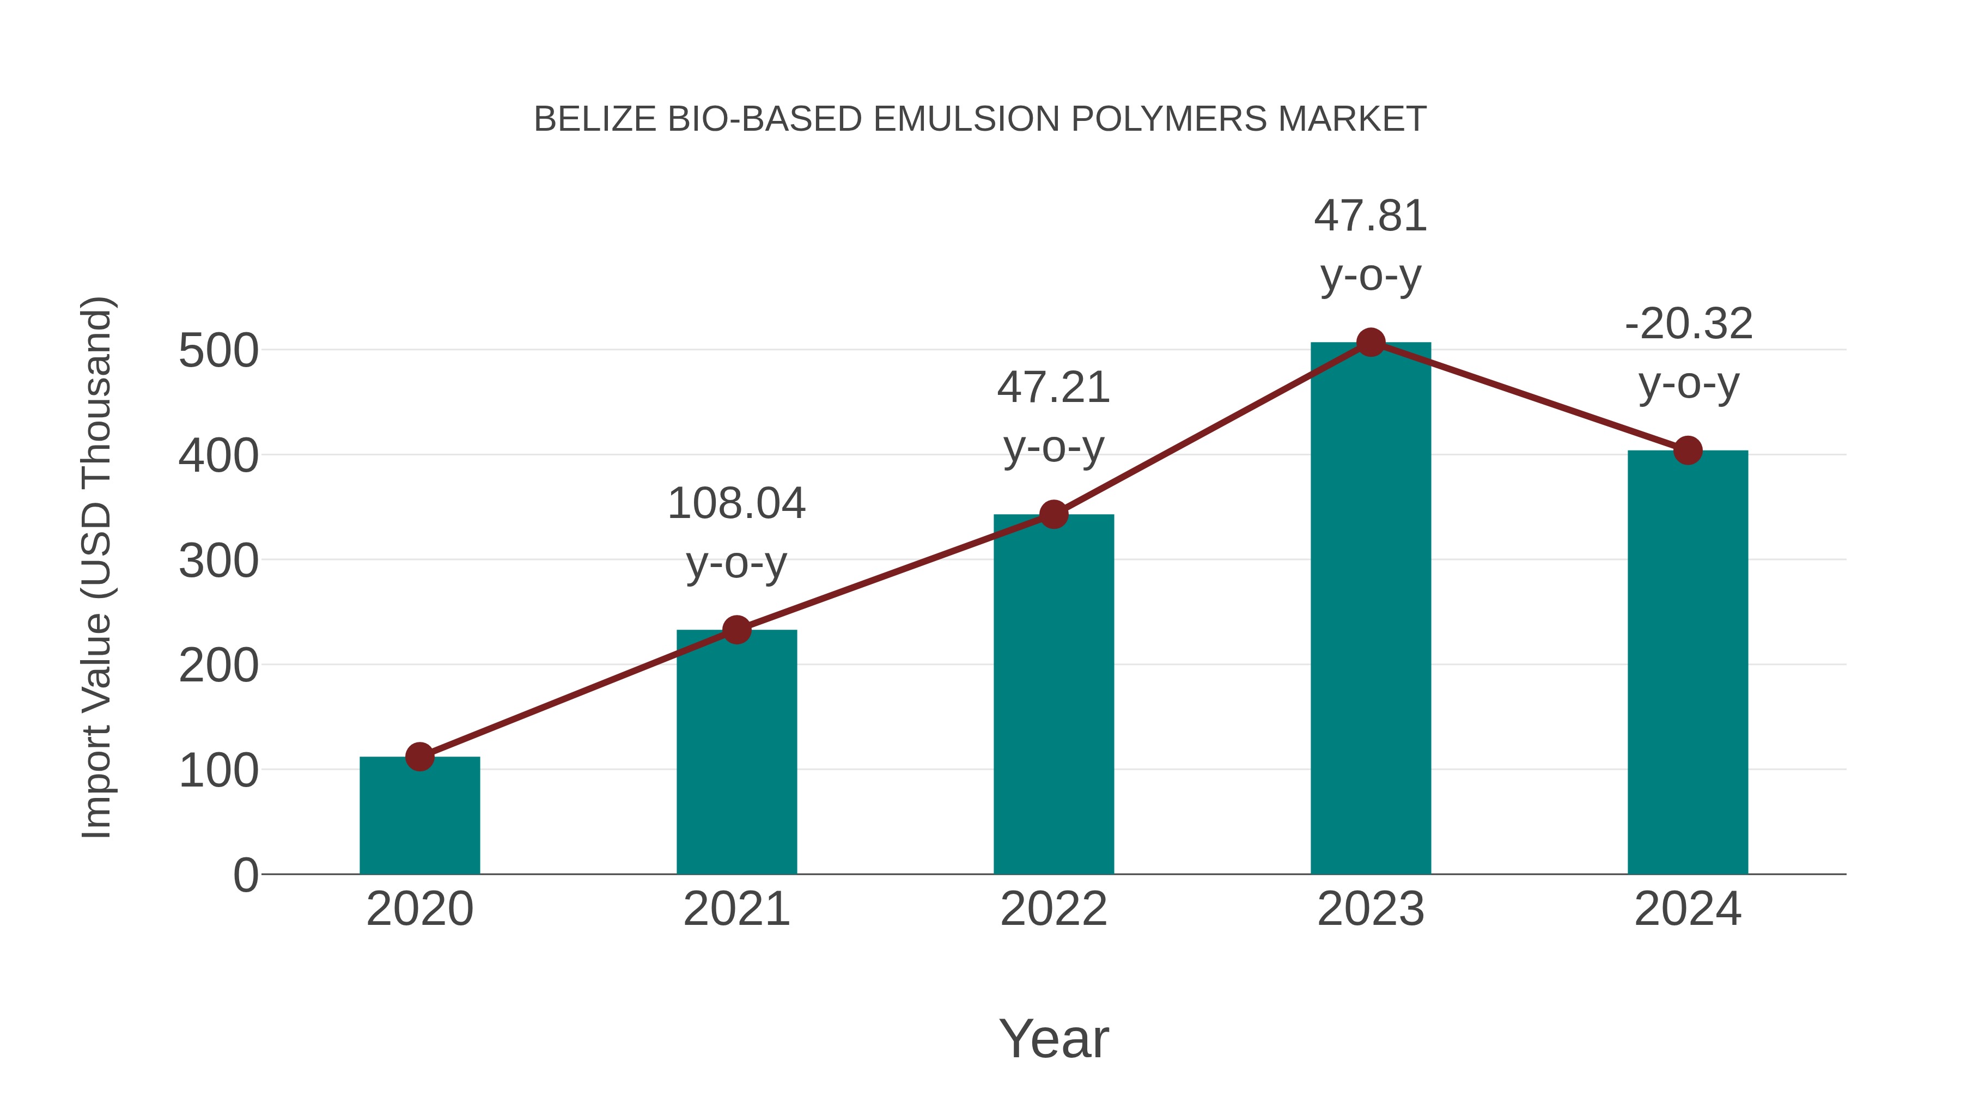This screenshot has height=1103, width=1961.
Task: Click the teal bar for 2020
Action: [x=419, y=818]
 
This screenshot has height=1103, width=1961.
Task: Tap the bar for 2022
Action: [x=1053, y=697]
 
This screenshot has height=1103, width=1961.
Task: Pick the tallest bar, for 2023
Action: [x=1371, y=609]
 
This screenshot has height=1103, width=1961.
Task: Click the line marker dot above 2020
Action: [x=419, y=757]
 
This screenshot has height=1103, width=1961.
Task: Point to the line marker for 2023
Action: [x=1371, y=343]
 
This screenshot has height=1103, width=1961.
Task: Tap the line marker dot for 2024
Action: [x=1688, y=450]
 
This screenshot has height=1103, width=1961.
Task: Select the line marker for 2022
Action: [x=1053, y=515]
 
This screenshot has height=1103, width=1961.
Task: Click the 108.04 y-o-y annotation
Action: [x=736, y=533]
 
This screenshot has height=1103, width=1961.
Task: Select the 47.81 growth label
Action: [x=1371, y=245]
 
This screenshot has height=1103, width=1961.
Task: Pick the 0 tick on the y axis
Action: [x=245, y=875]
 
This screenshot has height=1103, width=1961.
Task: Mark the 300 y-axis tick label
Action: [x=218, y=561]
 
